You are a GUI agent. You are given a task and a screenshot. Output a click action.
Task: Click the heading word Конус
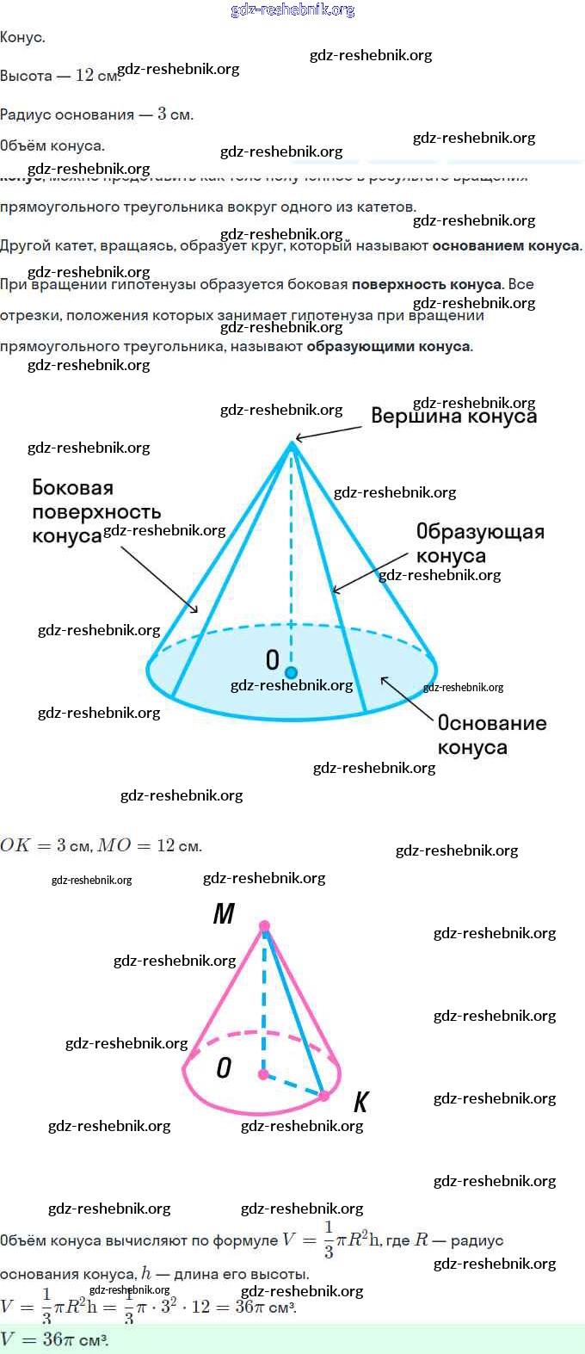tap(22, 38)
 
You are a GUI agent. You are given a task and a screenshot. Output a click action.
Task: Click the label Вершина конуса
tap(453, 417)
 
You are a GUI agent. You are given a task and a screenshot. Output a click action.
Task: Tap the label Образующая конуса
tap(479, 543)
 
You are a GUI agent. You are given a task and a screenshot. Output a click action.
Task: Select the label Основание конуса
tap(491, 734)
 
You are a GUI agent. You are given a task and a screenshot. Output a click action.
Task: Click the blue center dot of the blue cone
tap(292, 672)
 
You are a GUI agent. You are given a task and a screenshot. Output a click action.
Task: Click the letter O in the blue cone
tap(272, 659)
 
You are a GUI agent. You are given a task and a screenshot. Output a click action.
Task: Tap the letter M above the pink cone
tap(224, 914)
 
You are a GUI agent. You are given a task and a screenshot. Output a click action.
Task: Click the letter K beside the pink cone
tap(361, 1102)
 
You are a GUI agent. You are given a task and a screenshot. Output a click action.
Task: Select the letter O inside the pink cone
tap(224, 1068)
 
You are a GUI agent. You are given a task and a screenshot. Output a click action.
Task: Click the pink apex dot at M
tap(264, 926)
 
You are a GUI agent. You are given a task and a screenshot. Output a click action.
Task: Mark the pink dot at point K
tap(324, 1096)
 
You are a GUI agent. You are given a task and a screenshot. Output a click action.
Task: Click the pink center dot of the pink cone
tap(263, 1074)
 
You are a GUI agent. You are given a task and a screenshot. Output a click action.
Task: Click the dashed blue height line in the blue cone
tap(292, 560)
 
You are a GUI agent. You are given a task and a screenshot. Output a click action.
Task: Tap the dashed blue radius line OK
tap(294, 1085)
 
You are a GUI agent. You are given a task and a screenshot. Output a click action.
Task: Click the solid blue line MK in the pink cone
tap(295, 1011)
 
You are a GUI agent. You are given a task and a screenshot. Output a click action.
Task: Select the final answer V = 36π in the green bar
tap(55, 1339)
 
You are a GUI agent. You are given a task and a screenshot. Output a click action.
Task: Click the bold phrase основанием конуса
tap(506, 246)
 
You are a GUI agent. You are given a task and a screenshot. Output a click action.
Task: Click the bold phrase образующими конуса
tap(389, 347)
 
